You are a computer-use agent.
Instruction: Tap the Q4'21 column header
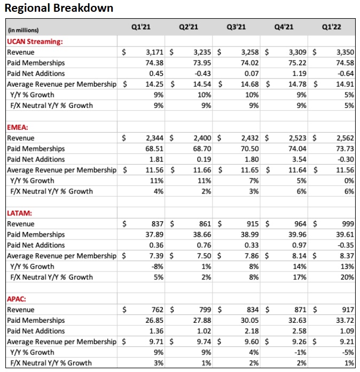click(283, 27)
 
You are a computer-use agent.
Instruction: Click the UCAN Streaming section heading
click(34, 42)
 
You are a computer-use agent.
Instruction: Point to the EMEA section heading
click(17, 127)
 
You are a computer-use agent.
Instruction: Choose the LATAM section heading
click(19, 213)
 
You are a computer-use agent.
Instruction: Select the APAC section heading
click(17, 299)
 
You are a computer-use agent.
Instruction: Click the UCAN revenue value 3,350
click(345, 52)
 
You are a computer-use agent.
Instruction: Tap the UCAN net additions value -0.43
click(203, 74)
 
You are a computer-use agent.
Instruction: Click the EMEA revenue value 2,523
click(297, 138)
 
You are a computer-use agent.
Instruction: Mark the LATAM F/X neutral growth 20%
click(348, 277)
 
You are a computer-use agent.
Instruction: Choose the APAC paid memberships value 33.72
click(345, 320)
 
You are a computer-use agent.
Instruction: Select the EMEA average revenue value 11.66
click(202, 170)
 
